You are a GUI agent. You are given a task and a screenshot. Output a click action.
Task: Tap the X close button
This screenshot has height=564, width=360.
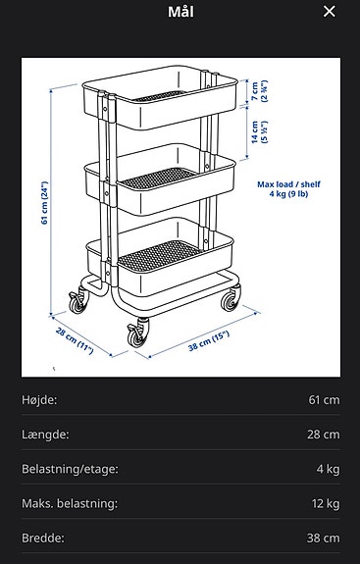(330, 12)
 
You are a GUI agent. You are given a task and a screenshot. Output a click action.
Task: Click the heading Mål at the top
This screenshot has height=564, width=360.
(180, 12)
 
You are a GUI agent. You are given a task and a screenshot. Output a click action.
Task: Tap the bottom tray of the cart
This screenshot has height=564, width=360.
(157, 257)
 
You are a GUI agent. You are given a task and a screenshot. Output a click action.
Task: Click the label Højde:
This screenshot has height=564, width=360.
(39, 400)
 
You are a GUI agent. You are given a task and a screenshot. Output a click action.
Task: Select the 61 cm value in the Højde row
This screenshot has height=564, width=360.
(324, 400)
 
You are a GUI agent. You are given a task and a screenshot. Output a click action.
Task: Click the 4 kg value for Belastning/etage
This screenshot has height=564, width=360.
(328, 469)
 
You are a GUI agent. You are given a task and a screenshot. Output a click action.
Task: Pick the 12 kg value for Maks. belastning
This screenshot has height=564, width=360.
(325, 503)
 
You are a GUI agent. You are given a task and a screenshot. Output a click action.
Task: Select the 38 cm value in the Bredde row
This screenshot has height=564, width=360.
(324, 538)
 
